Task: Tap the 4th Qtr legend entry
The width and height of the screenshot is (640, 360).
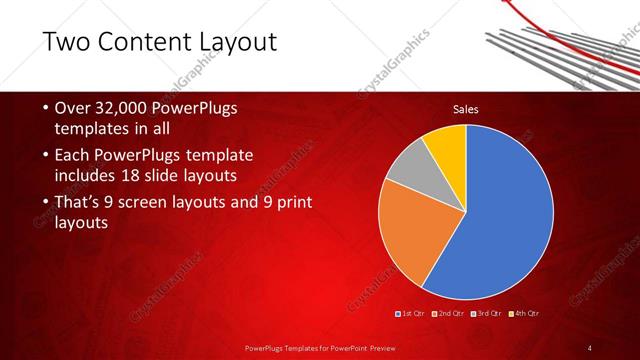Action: [528, 314]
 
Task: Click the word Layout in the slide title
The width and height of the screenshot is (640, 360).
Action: [229, 41]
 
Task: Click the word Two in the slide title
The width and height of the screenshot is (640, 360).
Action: [68, 41]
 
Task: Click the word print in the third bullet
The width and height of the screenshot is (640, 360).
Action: [291, 203]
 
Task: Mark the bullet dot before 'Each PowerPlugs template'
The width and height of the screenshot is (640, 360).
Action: [36, 157]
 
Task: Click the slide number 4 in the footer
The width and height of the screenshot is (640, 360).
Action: [590, 347]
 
